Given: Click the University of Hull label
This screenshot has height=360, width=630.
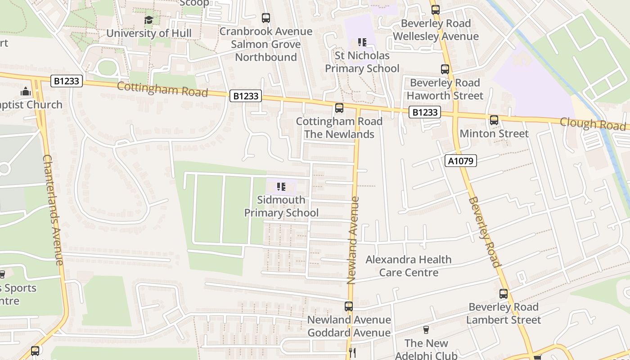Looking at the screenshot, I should [148, 33].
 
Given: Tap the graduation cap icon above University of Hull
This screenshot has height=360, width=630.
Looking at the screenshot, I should [148, 20].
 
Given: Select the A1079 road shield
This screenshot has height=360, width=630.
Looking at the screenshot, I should [461, 161].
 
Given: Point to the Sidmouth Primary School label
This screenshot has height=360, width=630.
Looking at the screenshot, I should [281, 206].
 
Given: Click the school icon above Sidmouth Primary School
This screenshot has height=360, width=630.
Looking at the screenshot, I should [281, 186].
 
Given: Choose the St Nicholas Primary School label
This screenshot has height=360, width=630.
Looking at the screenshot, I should [362, 62].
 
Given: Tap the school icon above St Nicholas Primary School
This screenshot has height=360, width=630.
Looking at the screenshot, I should [362, 42].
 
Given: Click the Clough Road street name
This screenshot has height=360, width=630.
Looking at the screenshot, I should [592, 124].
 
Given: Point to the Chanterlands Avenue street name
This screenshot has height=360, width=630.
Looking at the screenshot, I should [53, 210].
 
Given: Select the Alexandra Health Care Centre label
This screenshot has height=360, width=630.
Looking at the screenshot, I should [408, 266].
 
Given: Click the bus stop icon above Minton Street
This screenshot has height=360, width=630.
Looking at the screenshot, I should [494, 120].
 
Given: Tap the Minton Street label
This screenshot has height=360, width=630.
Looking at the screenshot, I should [494, 134].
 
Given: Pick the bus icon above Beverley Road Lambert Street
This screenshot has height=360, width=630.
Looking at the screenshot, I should [504, 294].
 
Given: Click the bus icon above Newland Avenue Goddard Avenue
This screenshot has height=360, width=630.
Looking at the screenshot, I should [349, 306].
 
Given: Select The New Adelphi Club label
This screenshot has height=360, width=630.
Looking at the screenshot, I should [426, 349].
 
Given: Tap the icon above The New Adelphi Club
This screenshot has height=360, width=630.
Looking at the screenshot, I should [426, 330].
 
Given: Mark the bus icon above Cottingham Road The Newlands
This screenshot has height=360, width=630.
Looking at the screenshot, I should [339, 108].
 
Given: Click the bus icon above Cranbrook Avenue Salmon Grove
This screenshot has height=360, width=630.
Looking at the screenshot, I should [266, 18].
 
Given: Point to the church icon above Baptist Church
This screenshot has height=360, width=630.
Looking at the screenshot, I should [26, 91].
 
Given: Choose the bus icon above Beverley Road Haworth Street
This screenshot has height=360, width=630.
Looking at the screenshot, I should [445, 69].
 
